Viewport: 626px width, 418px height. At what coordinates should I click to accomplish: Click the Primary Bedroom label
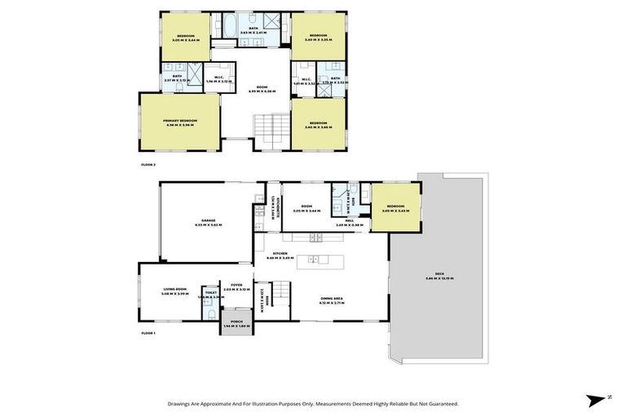(x=180, y=120)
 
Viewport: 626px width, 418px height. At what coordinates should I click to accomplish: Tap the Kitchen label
(x=311, y=256)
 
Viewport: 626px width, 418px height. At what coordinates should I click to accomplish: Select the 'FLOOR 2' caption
(x=148, y=164)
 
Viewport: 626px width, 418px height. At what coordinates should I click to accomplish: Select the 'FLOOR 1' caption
(x=148, y=333)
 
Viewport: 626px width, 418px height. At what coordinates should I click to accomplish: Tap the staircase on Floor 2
(x=271, y=130)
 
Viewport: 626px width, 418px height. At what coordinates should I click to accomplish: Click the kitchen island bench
(x=319, y=260)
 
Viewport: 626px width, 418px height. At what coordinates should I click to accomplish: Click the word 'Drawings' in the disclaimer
(x=182, y=403)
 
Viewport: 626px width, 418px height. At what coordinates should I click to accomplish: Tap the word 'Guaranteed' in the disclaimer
(x=440, y=403)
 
